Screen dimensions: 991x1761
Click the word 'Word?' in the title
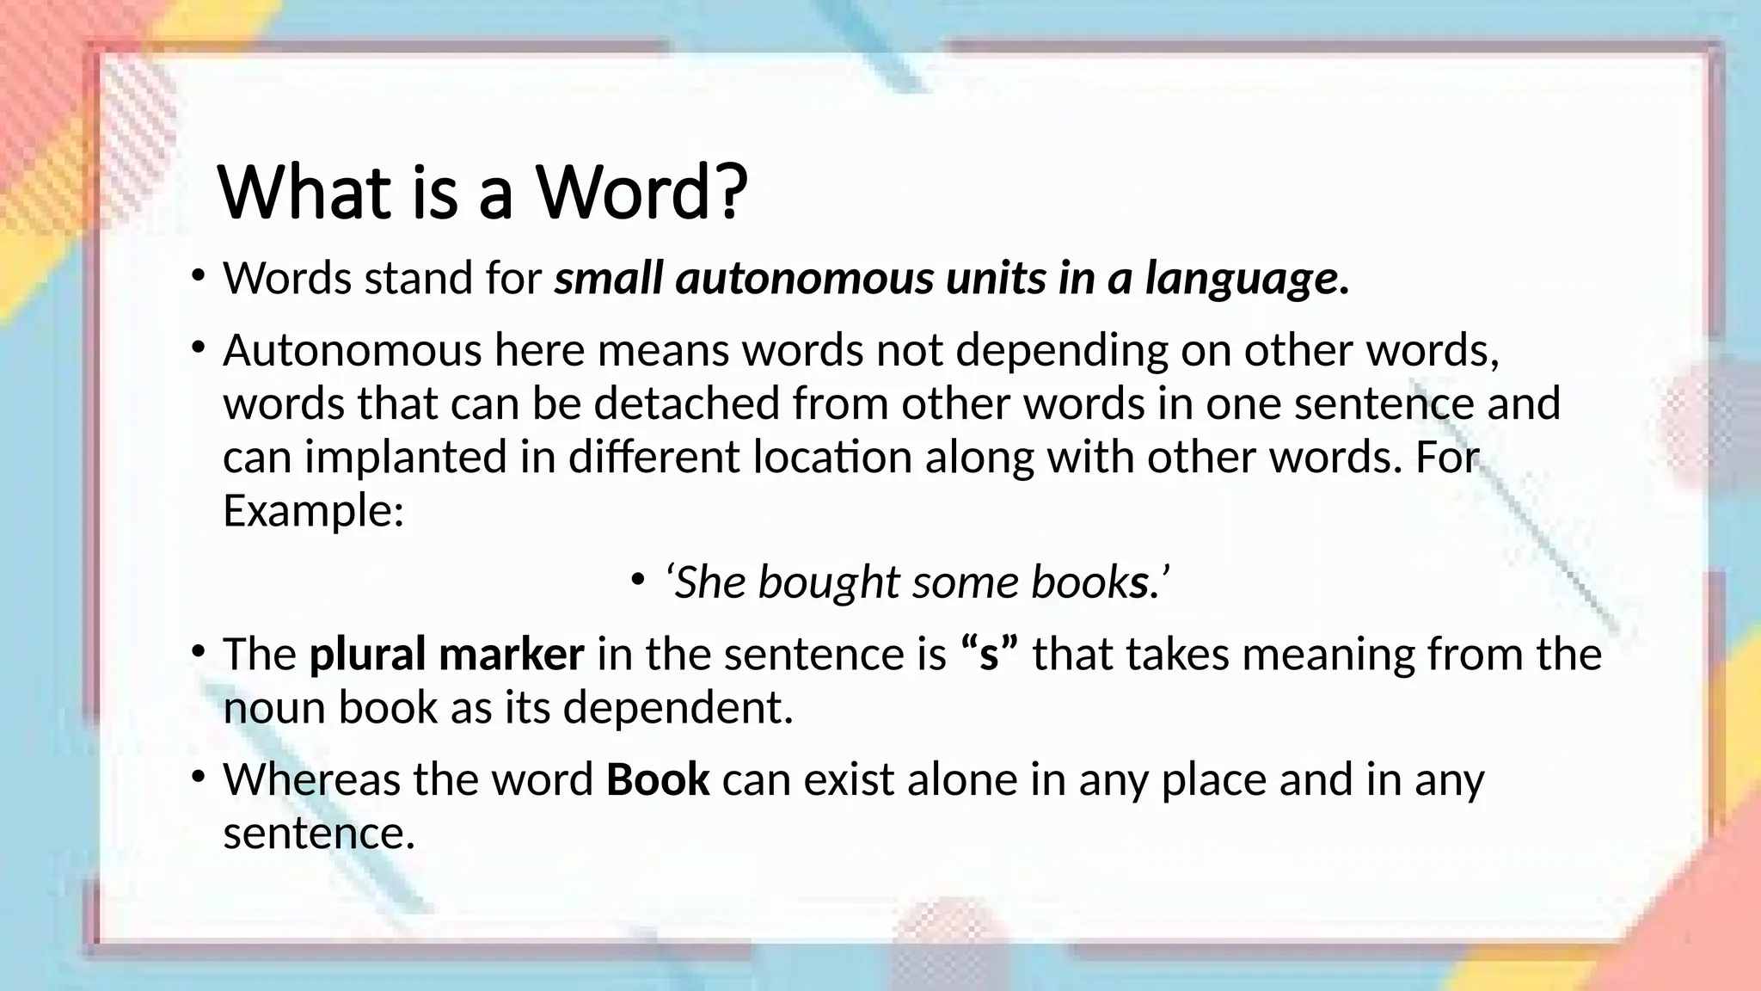642,193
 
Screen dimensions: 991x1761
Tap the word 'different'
653,457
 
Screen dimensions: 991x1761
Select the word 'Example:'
313,510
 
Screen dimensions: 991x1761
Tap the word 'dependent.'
678,707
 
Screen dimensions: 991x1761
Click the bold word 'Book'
658,779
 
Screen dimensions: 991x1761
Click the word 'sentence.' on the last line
319,833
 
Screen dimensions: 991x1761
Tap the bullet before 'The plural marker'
198,651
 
